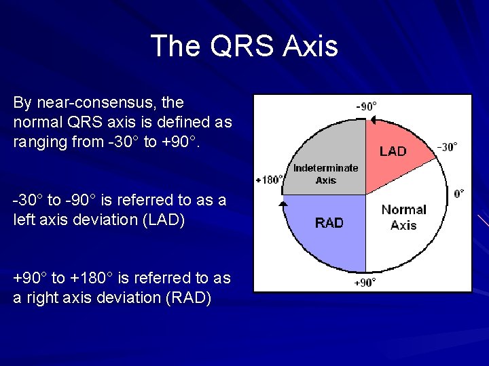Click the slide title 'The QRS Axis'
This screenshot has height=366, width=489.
[244, 46]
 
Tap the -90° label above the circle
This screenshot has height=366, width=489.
[367, 106]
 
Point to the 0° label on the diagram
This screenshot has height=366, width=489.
[460, 194]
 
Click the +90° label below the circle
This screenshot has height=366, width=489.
[365, 283]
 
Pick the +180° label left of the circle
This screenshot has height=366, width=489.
[269, 180]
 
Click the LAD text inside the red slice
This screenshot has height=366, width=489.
[393, 151]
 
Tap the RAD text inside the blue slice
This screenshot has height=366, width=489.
[329, 223]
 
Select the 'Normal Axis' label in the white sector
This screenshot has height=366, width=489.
[403, 217]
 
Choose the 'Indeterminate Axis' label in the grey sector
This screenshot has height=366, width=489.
[325, 174]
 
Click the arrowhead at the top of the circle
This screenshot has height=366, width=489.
[372, 120]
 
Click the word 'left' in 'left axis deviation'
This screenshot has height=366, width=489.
[24, 220]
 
